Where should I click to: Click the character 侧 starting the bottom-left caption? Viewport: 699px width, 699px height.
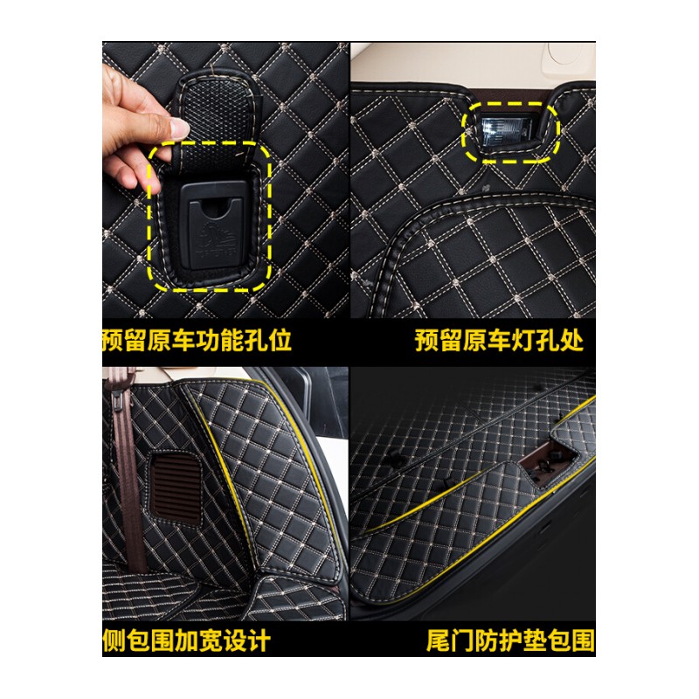coord(114,640)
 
